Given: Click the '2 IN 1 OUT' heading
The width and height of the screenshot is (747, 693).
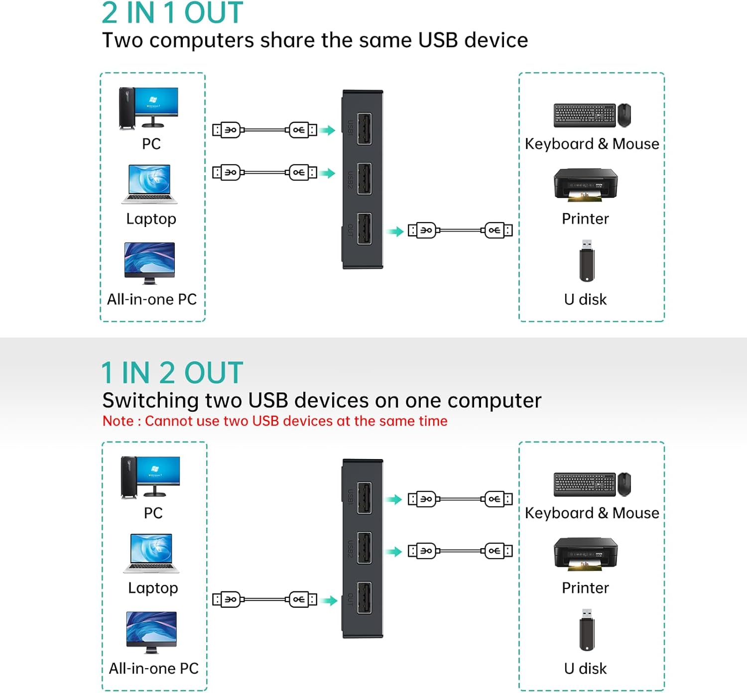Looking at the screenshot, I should (172, 13).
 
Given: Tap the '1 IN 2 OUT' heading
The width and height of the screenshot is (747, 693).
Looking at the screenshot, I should (172, 373).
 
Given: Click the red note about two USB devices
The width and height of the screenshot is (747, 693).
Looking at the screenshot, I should (275, 421).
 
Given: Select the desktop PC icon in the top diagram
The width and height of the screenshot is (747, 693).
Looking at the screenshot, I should (148, 108).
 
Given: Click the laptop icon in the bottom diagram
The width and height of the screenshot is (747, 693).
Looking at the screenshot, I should (151, 554).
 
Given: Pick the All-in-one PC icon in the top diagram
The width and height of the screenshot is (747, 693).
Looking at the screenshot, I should (149, 263).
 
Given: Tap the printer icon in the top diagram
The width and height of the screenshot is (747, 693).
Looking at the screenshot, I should (586, 185).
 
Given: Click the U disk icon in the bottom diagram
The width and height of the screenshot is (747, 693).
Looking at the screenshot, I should (587, 629).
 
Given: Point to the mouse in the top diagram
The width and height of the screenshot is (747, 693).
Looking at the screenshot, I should (624, 115).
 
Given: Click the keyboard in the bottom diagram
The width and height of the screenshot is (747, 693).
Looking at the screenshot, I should (585, 484).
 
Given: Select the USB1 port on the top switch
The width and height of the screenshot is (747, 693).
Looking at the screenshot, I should (364, 129).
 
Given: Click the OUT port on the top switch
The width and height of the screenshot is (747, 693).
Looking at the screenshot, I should (364, 229).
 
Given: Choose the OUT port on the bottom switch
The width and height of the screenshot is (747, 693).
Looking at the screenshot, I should (364, 598).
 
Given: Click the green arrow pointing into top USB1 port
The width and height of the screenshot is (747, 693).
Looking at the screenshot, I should (328, 130).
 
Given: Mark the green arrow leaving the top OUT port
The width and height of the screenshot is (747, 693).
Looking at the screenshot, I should (396, 231).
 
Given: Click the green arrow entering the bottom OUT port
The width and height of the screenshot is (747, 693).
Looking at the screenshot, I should (330, 600).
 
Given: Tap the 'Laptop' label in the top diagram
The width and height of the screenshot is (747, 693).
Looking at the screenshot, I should (151, 219).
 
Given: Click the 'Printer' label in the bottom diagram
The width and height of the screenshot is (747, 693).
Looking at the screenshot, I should (585, 588).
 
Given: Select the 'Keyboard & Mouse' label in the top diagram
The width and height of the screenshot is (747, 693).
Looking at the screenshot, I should (592, 144).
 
